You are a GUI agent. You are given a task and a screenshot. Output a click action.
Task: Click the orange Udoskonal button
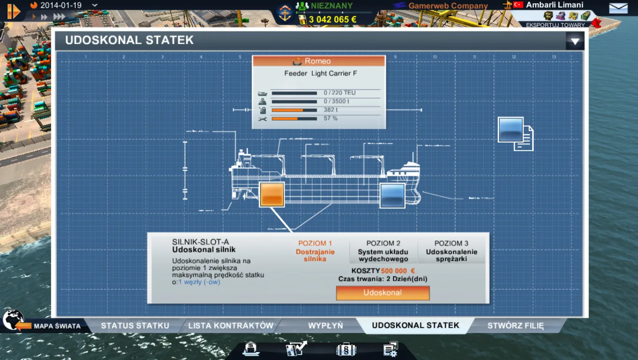[383, 293]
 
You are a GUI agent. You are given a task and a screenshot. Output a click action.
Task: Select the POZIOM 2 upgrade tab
[383, 251]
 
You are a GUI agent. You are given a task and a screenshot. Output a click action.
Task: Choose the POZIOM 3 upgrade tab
[451, 251]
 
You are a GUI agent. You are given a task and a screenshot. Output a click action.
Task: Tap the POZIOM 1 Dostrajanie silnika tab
[315, 251]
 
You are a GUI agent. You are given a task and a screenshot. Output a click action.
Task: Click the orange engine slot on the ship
[272, 195]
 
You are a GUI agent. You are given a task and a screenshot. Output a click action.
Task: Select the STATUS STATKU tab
[135, 325]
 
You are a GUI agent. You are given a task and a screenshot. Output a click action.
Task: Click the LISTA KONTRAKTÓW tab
[231, 325]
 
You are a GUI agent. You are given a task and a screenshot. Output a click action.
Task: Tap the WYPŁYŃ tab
[326, 325]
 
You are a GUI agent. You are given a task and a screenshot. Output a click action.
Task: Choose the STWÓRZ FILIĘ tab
[516, 325]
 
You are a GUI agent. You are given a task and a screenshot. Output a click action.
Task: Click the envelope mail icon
[618, 8]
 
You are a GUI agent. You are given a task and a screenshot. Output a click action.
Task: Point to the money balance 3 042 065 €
[332, 19]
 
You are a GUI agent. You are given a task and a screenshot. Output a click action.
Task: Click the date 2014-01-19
[61, 6]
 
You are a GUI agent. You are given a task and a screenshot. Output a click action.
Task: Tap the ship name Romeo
[318, 61]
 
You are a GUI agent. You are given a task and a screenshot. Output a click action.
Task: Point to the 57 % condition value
[331, 119]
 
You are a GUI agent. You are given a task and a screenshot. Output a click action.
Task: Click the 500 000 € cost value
[398, 271]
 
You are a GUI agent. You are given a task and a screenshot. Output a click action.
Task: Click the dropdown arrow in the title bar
[575, 41]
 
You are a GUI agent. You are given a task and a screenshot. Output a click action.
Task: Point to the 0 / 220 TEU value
[340, 93]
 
